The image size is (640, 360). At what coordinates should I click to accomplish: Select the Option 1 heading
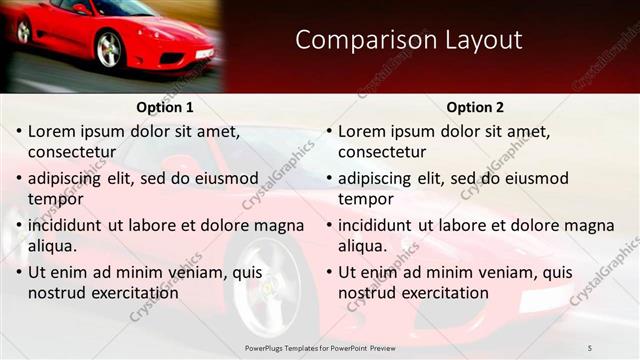point(164,107)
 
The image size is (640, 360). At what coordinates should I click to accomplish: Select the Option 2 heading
point(476,107)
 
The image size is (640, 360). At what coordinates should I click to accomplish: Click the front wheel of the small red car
point(109,49)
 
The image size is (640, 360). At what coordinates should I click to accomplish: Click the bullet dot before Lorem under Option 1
point(19,131)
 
